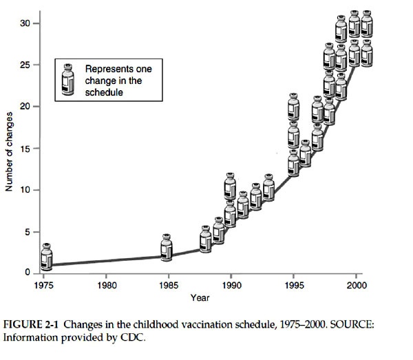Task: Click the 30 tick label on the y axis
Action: tap(24, 23)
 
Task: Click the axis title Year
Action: tap(200, 298)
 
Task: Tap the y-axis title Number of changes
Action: tap(10, 149)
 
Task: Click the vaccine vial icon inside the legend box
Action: tap(69, 79)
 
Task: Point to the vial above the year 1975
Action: tap(46, 256)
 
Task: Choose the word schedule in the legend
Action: tap(104, 92)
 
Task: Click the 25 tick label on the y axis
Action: tap(24, 65)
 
